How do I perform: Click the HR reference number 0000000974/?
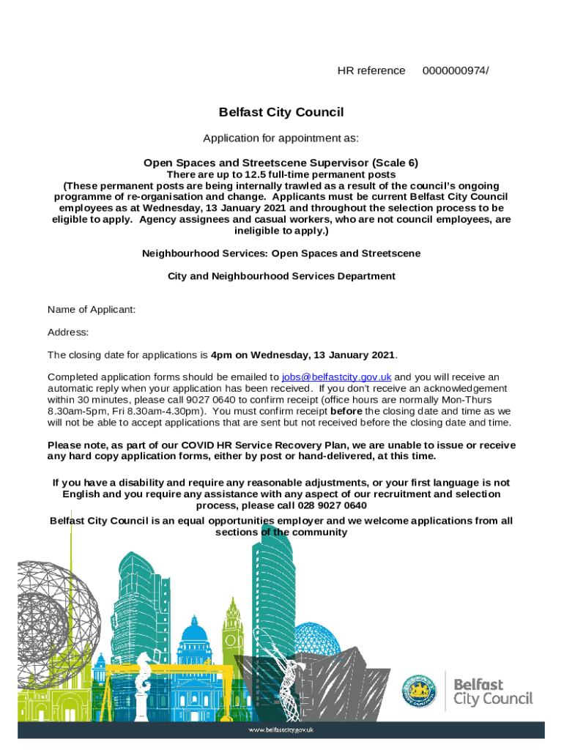pos(456,71)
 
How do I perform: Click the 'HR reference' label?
pos(371,71)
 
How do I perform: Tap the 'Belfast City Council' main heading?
pos(281,113)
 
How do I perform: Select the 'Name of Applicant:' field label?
pos(92,310)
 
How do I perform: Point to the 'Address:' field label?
pos(68,333)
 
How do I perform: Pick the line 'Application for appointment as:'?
pos(281,138)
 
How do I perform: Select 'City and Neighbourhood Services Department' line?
pos(281,276)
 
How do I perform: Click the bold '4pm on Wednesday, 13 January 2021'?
pos(303,355)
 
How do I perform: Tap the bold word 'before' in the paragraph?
pos(347,412)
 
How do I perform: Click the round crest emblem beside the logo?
pos(420,691)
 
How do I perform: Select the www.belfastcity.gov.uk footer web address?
pos(281,730)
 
